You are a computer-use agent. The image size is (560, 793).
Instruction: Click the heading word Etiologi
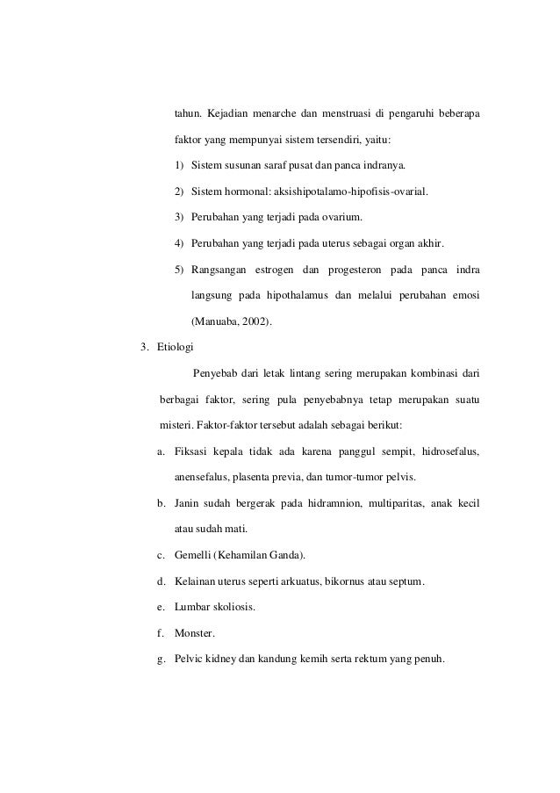point(177,347)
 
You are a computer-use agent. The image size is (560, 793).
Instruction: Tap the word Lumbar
point(191,608)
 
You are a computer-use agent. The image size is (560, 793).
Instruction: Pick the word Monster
point(194,633)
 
